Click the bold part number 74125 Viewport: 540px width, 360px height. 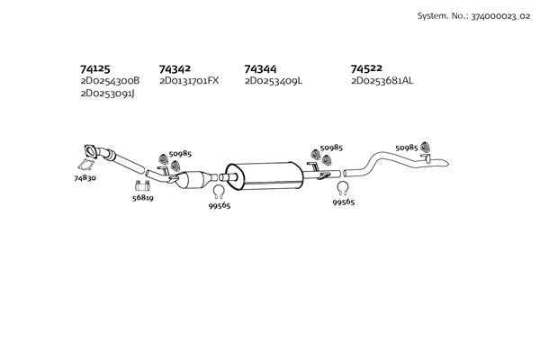[x=95, y=69]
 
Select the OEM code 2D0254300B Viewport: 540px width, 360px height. [x=110, y=81]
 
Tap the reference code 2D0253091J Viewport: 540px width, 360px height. [x=107, y=94]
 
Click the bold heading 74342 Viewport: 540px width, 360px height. [x=175, y=69]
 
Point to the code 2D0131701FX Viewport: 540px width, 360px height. [x=189, y=81]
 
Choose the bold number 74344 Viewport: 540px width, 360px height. [x=260, y=69]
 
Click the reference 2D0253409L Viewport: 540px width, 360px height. [x=274, y=81]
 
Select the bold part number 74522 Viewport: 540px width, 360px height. [x=366, y=68]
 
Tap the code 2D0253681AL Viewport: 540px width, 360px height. [x=382, y=81]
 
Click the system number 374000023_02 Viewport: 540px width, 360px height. [x=500, y=16]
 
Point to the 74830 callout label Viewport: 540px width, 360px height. [x=85, y=178]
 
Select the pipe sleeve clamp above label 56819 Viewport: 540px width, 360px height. [x=142, y=185]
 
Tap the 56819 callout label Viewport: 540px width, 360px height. [x=143, y=198]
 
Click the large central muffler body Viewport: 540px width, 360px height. [x=264, y=176]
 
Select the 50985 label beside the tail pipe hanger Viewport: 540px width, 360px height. [x=407, y=148]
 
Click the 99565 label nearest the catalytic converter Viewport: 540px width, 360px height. [x=220, y=206]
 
